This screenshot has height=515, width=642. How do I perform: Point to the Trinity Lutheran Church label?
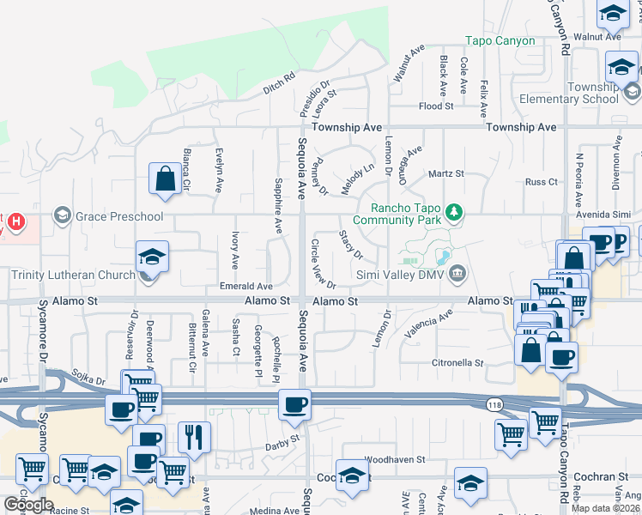pyautogui.click(x=74, y=275)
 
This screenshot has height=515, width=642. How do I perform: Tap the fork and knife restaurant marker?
pyautogui.click(x=194, y=439)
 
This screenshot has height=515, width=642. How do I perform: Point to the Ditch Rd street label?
pyautogui.click(x=279, y=82)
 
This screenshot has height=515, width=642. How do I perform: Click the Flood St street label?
pyautogui.click(x=436, y=106)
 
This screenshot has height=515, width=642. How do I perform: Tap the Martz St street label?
pyautogui.click(x=446, y=173)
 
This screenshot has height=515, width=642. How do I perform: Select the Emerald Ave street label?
pyautogui.click(x=246, y=286)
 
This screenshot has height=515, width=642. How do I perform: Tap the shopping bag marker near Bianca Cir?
pyautogui.click(x=164, y=180)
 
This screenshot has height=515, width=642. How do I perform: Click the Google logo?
pyautogui.click(x=29, y=505)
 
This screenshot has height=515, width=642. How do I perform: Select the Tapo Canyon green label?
pyautogui.click(x=500, y=40)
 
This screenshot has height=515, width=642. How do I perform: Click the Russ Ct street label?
pyautogui.click(x=541, y=182)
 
